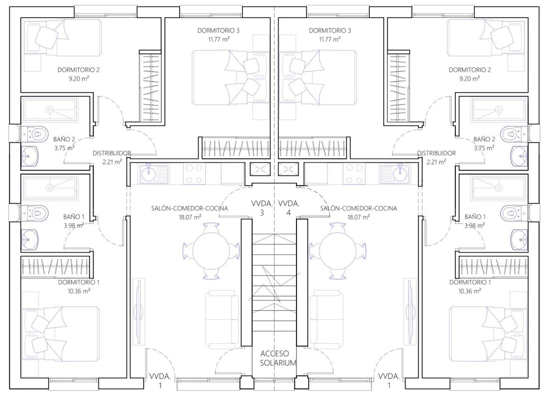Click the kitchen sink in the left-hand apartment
[154, 174]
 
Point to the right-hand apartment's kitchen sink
[394, 174]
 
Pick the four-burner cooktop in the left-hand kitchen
[194, 174]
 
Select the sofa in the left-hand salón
[222, 320]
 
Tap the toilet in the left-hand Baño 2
[35, 133]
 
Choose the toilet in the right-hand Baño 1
[513, 212]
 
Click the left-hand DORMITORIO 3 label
[218, 30]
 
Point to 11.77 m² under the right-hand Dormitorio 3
[330, 39]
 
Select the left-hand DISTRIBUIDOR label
[112, 153]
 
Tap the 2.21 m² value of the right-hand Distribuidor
[436, 161]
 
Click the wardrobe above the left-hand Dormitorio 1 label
[57, 267]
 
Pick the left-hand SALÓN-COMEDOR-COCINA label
[189, 208]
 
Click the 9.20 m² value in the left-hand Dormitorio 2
[79, 79]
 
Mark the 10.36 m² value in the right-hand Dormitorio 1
[470, 291]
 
